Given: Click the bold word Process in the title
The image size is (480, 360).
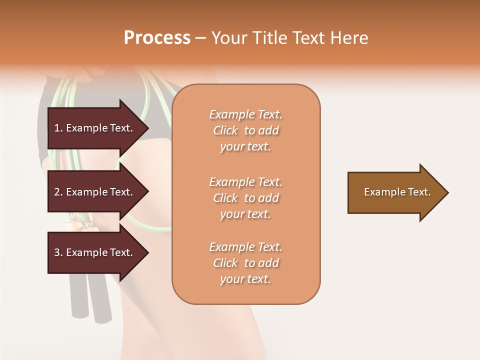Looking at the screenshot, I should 157,38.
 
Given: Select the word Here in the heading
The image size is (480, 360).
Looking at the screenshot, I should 349,38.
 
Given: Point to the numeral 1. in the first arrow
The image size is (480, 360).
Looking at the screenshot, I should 58,128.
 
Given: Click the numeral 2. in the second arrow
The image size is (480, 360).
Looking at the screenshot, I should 58,192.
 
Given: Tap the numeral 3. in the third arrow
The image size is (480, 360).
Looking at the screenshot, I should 58,252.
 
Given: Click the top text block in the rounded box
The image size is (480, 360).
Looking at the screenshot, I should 245,130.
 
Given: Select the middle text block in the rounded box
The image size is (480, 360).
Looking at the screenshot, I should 245,198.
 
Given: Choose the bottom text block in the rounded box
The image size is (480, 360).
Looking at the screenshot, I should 245,263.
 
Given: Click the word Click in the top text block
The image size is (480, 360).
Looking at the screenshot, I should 225,130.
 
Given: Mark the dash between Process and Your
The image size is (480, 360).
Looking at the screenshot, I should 200,38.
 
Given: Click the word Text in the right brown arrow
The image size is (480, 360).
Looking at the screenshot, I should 419,192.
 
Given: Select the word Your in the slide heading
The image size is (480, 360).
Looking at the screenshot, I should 228,38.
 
